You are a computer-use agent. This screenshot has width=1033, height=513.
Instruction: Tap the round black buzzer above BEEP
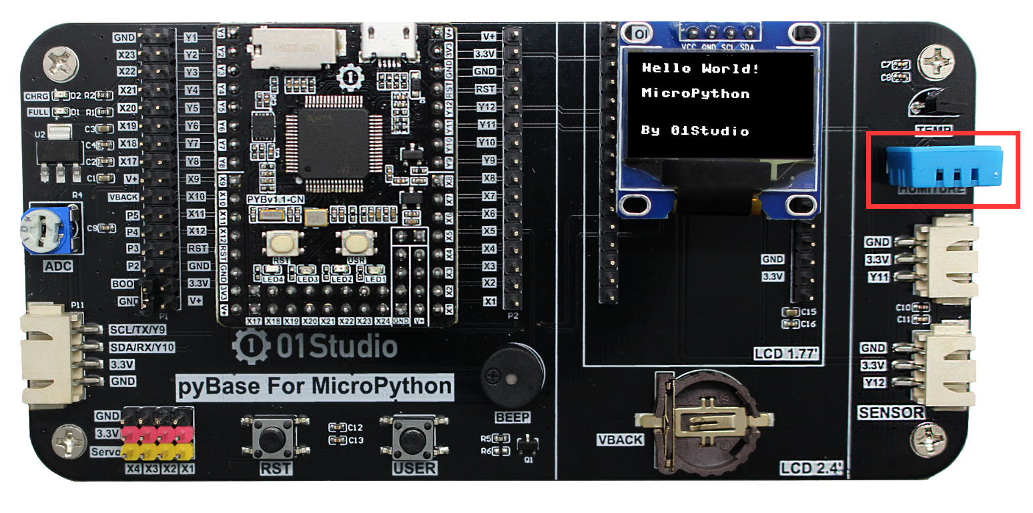512,375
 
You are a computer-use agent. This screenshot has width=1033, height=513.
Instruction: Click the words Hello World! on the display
700,68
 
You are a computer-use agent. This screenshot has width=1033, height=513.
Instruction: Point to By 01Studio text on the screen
694,131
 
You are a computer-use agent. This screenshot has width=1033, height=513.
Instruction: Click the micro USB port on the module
388,41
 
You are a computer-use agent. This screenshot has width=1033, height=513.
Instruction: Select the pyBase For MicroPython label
314,386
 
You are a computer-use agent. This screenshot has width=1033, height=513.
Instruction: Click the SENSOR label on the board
891,413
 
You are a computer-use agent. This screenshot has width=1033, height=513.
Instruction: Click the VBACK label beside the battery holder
621,440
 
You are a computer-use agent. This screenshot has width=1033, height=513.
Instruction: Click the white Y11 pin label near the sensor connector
878,277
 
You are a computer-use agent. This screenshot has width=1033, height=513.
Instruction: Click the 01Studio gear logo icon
248,346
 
